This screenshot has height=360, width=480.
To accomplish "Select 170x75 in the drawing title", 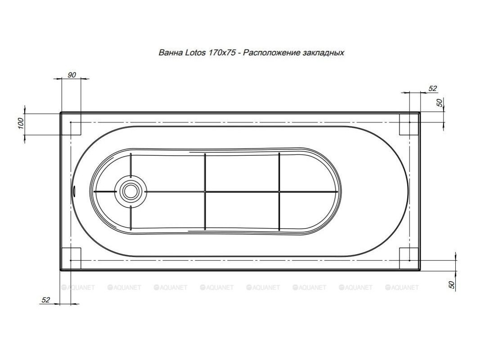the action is [222, 53].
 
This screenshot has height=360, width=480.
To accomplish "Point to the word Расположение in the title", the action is [271, 53].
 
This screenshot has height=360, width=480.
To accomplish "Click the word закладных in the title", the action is [323, 53].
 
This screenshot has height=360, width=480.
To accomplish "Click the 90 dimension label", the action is [72, 75].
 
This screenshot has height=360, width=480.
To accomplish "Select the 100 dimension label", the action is [21, 123].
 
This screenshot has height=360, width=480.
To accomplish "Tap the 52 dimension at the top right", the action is [433, 89].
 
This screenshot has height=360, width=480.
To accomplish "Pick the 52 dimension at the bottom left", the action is [45, 300].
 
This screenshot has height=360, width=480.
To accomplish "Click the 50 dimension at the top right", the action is [440, 103].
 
